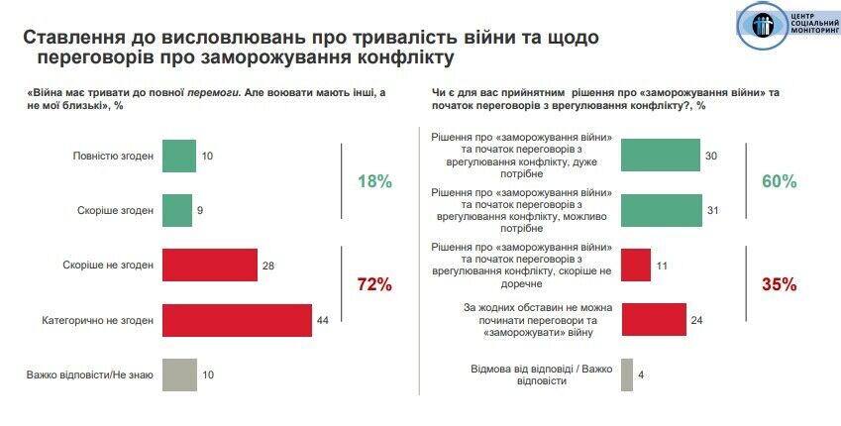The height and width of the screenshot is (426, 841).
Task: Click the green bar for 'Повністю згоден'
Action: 178,155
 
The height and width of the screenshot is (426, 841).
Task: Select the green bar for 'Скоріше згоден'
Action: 176,209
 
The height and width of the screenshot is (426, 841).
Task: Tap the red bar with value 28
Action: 209,265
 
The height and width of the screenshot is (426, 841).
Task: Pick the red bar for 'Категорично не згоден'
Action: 237,320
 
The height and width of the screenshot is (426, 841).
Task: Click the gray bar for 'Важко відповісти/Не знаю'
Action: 178,374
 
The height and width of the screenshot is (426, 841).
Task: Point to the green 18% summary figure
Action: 374,181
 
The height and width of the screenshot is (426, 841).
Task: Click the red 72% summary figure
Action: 374,285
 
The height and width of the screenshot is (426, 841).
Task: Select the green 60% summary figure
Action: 780,181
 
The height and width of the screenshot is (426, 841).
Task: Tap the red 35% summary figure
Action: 780,285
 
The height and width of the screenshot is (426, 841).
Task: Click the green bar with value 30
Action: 661,155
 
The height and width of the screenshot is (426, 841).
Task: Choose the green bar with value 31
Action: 662,209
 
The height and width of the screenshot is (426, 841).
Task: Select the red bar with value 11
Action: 635,265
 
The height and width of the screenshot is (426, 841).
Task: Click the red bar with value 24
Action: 653,320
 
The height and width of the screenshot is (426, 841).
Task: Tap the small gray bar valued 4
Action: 626,374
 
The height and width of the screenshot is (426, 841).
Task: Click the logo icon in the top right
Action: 759,25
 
